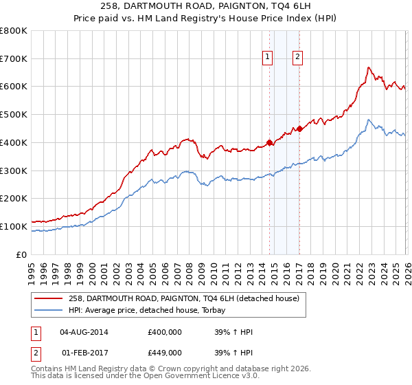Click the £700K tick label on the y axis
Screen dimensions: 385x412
(x=14, y=59)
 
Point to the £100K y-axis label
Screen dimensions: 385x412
(x=14, y=226)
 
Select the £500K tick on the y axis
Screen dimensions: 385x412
(x=14, y=115)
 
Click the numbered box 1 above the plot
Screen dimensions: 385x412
(x=267, y=58)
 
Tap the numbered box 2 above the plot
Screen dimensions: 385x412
(x=298, y=58)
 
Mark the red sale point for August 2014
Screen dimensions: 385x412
(x=269, y=143)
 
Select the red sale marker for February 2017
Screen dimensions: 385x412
(x=299, y=129)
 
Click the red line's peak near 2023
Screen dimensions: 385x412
(x=369, y=67)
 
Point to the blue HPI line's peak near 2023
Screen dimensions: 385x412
(x=369, y=120)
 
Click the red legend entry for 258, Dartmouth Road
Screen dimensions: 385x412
(x=183, y=299)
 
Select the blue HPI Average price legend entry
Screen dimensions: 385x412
(x=151, y=310)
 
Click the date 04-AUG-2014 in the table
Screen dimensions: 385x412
(x=84, y=332)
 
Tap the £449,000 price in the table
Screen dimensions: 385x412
(x=164, y=353)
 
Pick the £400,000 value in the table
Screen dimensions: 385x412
(x=164, y=332)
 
